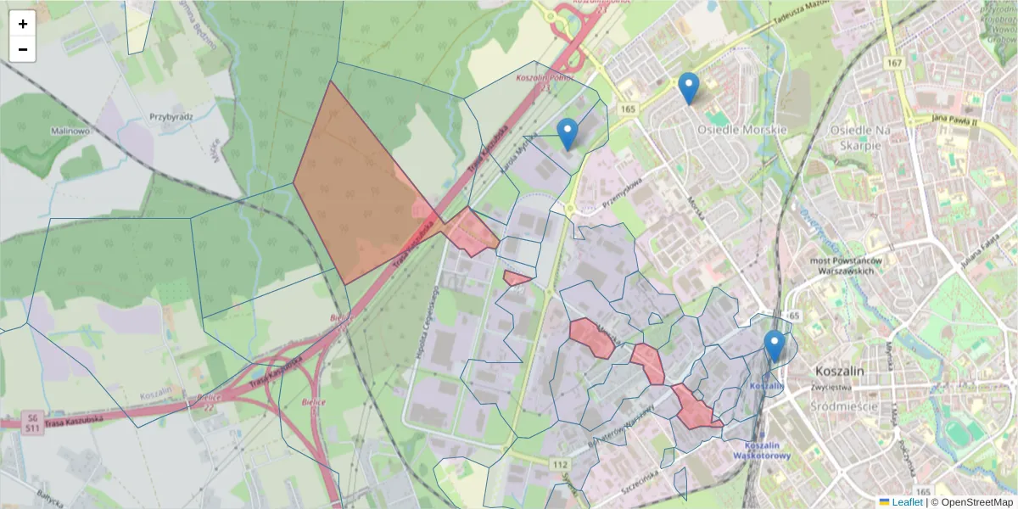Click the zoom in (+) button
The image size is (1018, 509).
tap(23, 24)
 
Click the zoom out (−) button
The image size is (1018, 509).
tap(23, 49)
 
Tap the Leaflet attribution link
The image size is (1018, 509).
tap(906, 502)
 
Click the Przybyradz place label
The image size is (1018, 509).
tap(171, 117)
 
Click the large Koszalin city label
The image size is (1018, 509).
tap(838, 371)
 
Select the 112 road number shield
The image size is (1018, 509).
tap(560, 464)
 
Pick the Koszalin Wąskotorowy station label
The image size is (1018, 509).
tap(767, 450)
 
